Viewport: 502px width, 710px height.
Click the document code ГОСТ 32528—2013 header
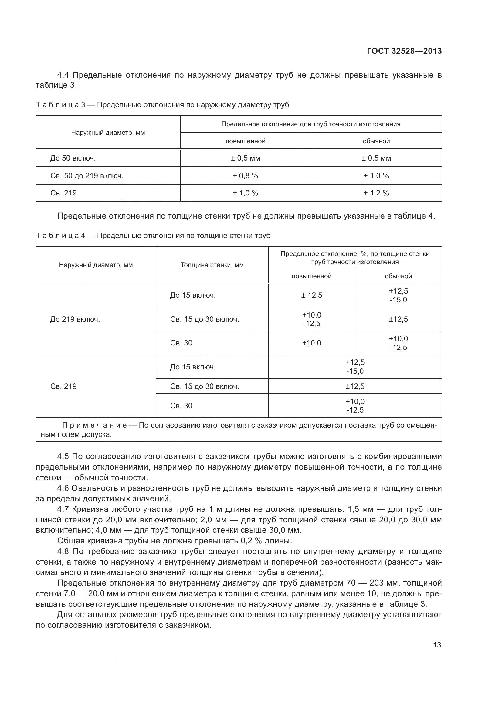[x=404, y=51]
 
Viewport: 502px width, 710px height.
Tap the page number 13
[x=437, y=645]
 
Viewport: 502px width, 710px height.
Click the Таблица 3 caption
[x=162, y=105]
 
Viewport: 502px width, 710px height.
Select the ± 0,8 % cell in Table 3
[x=246, y=176]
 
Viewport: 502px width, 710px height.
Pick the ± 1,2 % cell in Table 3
[x=376, y=193]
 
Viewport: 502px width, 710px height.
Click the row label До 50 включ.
[x=73, y=158]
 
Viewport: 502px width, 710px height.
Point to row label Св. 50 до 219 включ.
[x=87, y=176]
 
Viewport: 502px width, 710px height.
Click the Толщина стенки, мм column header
[x=212, y=265]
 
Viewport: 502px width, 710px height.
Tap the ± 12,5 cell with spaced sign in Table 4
[x=312, y=295]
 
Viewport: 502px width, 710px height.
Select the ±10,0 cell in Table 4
[x=312, y=343]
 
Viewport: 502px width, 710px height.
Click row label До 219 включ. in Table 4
[x=75, y=319]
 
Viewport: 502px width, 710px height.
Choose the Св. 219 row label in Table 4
[x=63, y=386]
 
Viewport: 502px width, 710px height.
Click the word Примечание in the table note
[x=95, y=426]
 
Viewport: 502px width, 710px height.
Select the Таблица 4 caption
[x=153, y=236]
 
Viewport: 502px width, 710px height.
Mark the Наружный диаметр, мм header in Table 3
[x=108, y=133]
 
